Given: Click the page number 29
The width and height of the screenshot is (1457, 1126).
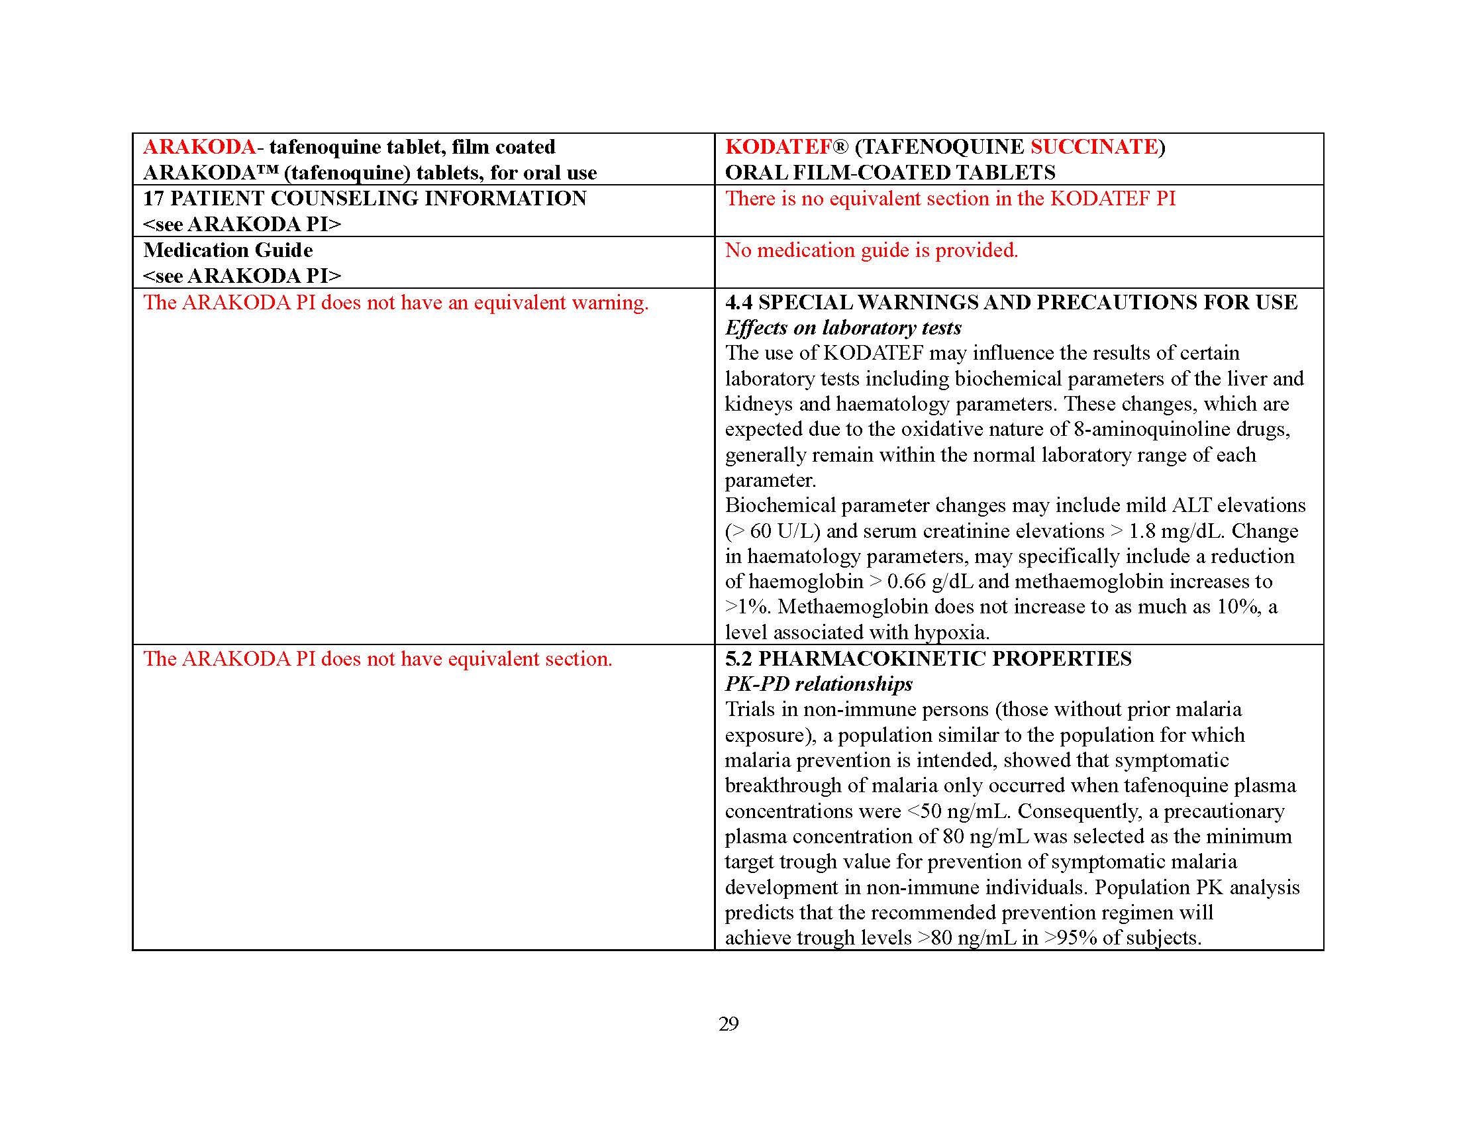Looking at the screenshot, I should (x=728, y=1023).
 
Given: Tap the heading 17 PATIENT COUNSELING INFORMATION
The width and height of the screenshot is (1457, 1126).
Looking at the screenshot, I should (x=365, y=198).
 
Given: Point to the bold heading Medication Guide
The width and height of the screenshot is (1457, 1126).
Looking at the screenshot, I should (x=228, y=250).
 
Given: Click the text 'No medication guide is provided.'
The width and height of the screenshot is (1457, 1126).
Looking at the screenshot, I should (x=872, y=250).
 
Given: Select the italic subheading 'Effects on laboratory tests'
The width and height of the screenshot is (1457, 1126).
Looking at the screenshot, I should (x=843, y=327).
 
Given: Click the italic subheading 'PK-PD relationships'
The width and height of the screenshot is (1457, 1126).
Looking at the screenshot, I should (x=819, y=684).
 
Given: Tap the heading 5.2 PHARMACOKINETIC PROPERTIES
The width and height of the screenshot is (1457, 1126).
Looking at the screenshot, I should (x=928, y=658).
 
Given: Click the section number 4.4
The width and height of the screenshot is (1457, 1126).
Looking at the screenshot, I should (x=738, y=302).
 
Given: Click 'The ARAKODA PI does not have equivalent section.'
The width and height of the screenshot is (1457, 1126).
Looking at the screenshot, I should (x=377, y=658).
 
